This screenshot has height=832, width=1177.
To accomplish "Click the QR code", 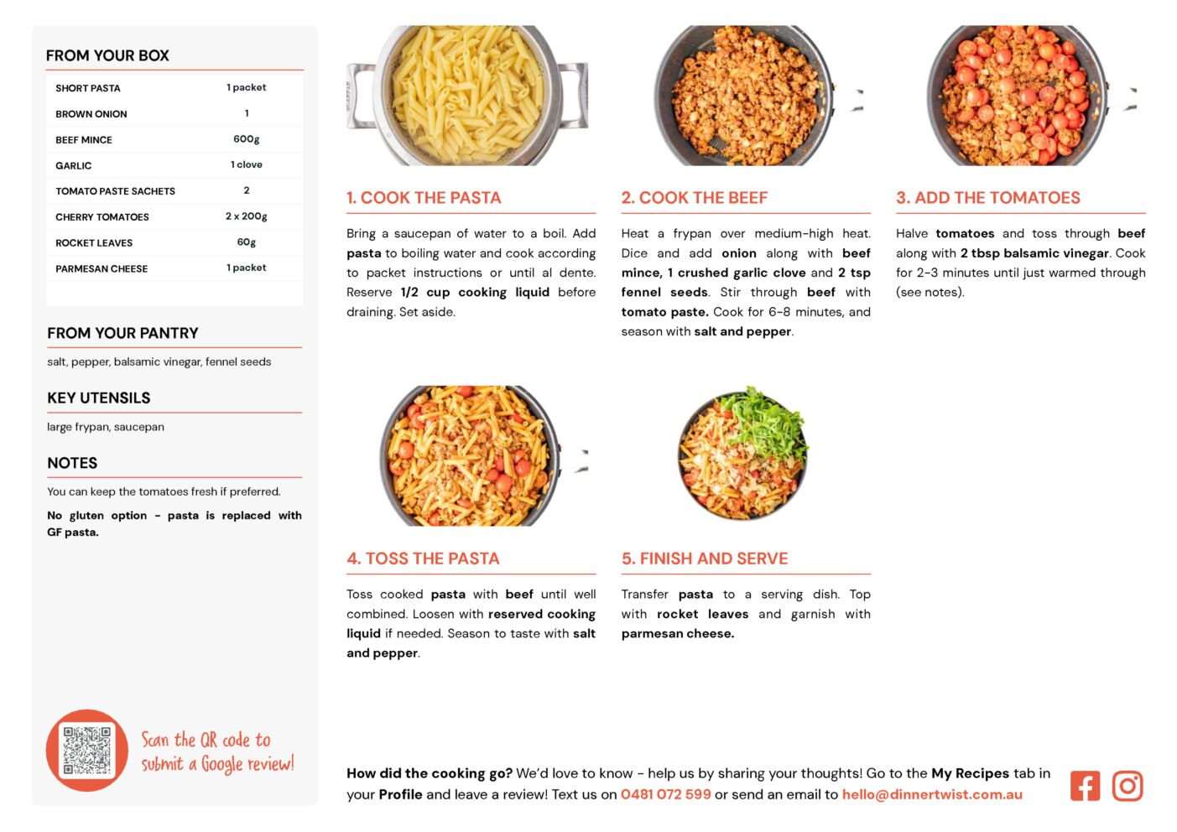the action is [86, 750].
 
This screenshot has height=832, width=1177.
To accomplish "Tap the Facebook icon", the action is [1085, 785].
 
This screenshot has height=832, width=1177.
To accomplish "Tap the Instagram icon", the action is [1127, 785].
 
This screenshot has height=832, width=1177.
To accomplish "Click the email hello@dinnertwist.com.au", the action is [931, 793].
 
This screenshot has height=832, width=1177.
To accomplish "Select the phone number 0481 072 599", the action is [665, 793].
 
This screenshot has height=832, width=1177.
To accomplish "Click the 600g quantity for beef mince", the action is [247, 138].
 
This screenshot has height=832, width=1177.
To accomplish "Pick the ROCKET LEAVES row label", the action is [94, 242].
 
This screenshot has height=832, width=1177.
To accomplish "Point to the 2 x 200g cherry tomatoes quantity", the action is [247, 216].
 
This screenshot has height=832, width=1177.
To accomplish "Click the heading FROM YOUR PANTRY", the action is [122, 333].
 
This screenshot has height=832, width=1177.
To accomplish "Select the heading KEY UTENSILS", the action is [99, 398].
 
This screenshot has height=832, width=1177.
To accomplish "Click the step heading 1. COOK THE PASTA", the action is [424, 197].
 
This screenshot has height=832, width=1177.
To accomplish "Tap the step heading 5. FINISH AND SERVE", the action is [704, 558].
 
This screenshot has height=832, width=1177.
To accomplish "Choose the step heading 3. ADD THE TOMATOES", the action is [988, 197].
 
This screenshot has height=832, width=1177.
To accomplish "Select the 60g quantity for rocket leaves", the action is [247, 242].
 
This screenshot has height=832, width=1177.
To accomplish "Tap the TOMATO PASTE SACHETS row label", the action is [115, 191].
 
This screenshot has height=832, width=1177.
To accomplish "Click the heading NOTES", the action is [72, 463].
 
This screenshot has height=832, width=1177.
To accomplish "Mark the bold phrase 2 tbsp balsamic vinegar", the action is [1034, 253].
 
